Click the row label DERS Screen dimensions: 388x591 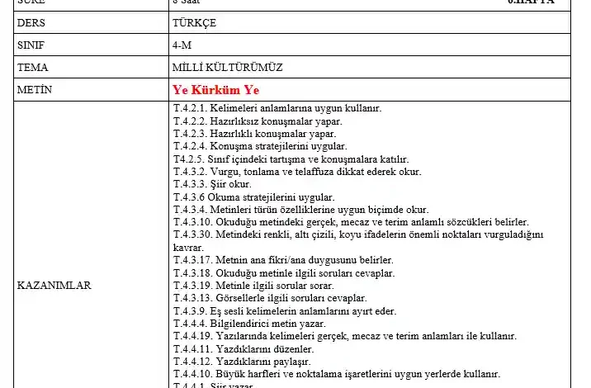coord(31,23)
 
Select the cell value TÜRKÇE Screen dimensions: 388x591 coord(195,23)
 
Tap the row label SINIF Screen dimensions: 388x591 coord(31,45)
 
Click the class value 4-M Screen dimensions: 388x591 coord(182,45)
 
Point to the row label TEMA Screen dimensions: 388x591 coord(31,67)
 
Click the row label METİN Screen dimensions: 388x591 coord(34,89)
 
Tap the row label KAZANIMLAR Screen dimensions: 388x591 coord(54,285)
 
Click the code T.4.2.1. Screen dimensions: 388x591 coord(190,109)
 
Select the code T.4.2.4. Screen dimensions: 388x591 coord(190,146)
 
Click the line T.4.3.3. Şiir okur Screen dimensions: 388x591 coord(212,184)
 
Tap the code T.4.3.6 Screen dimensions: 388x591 coord(189,196)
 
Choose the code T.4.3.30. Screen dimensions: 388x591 coord(192,234)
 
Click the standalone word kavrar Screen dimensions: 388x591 coord(188,247)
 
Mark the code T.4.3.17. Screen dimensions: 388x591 coord(192,260)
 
